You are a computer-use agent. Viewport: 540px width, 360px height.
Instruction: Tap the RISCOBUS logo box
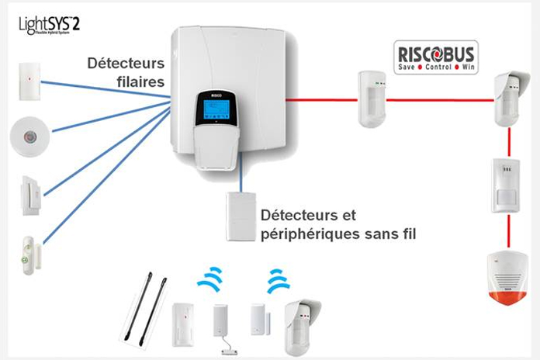coord(436,57)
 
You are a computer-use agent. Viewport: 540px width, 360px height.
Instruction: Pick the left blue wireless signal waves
coord(210,280)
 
